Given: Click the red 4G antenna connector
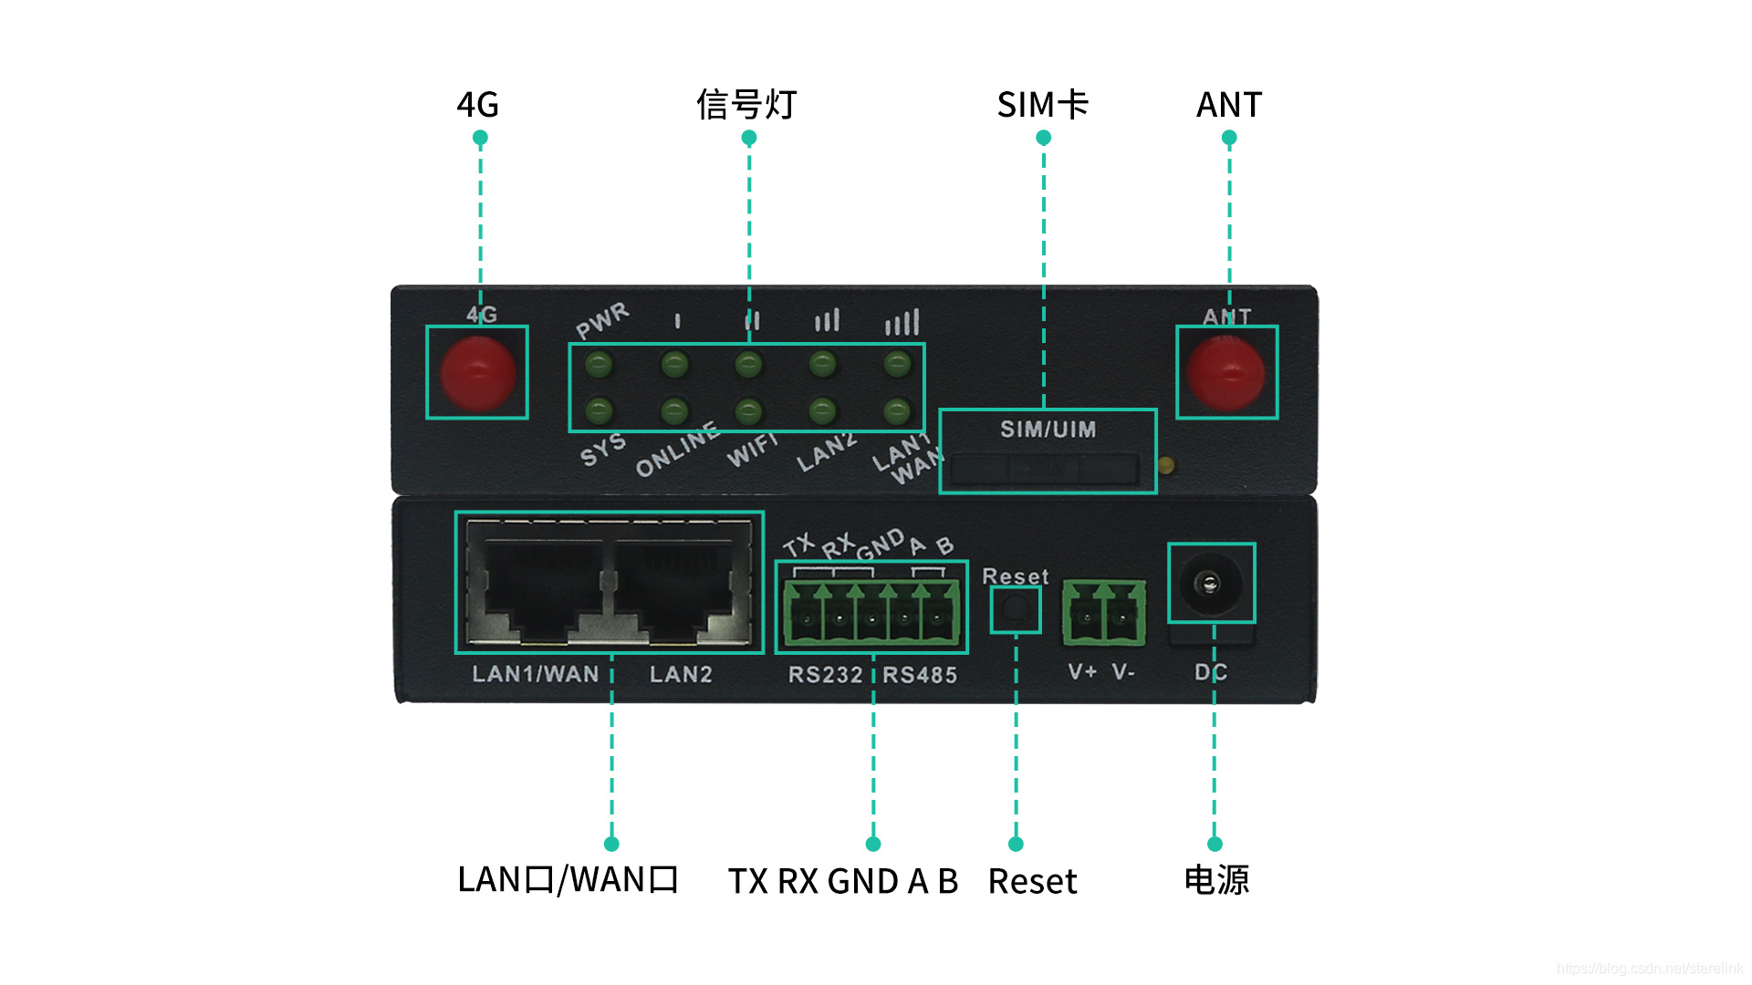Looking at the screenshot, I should pyautogui.click(x=477, y=373).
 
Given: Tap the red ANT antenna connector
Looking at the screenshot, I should pyautogui.click(x=1225, y=373).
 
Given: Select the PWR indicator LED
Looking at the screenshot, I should pyautogui.click(x=599, y=366).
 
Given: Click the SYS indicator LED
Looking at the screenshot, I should pyautogui.click(x=599, y=410).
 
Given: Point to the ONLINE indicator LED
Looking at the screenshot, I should pyautogui.click(x=674, y=410).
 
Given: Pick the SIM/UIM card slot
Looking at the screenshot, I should pyautogui.click(x=1046, y=470).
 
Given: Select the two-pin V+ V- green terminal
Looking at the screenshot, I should pyautogui.click(x=1103, y=613).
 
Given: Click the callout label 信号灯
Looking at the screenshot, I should pyautogui.click(x=746, y=105).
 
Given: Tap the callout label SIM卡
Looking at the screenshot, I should pyautogui.click(x=1043, y=105).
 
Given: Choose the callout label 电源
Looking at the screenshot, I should pyautogui.click(x=1216, y=880).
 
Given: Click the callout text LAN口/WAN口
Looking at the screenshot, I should pyautogui.click(x=568, y=880).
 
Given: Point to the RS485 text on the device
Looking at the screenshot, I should pyautogui.click(x=920, y=675).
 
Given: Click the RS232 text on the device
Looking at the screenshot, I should pyautogui.click(x=825, y=675).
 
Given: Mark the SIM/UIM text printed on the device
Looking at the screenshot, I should pyautogui.click(x=1048, y=430).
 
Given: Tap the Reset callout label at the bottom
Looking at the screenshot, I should pyautogui.click(x=1032, y=882).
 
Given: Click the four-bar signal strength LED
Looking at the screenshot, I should pyautogui.click(x=897, y=366).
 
